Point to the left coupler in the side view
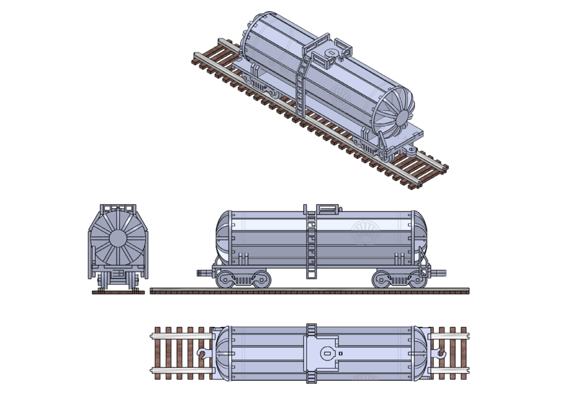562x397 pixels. [204, 272]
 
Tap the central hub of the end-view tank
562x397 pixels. [118, 239]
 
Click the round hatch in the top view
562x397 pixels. [327, 354]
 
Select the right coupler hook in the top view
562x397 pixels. [440, 354]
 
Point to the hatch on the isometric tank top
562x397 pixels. [332, 53]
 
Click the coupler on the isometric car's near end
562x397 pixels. [411, 150]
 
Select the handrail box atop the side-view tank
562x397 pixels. [329, 209]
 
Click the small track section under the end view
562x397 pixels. [118, 291]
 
